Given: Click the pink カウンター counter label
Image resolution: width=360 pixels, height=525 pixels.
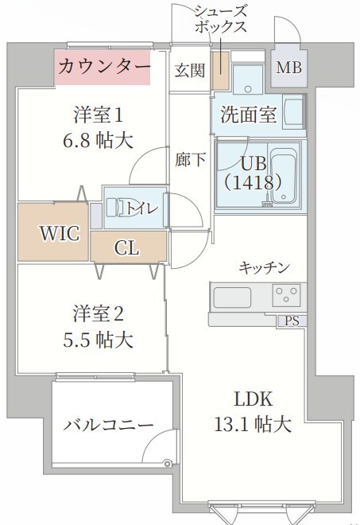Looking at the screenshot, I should click(x=103, y=67).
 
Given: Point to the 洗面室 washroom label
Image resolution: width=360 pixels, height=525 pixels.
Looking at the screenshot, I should click(x=248, y=115).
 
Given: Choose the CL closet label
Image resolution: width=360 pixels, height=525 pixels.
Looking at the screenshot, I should click(x=127, y=248).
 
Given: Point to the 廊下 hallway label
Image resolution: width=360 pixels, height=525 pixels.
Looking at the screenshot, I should click(x=191, y=159).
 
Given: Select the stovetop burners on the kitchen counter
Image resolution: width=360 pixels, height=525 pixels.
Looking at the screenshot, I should click(x=285, y=296).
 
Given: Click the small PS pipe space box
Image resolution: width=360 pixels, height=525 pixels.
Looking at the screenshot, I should click(x=292, y=321).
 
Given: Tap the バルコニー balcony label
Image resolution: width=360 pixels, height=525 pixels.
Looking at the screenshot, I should click(x=108, y=425).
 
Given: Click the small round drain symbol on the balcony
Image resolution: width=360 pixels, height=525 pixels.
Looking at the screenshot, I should click(x=167, y=463).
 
